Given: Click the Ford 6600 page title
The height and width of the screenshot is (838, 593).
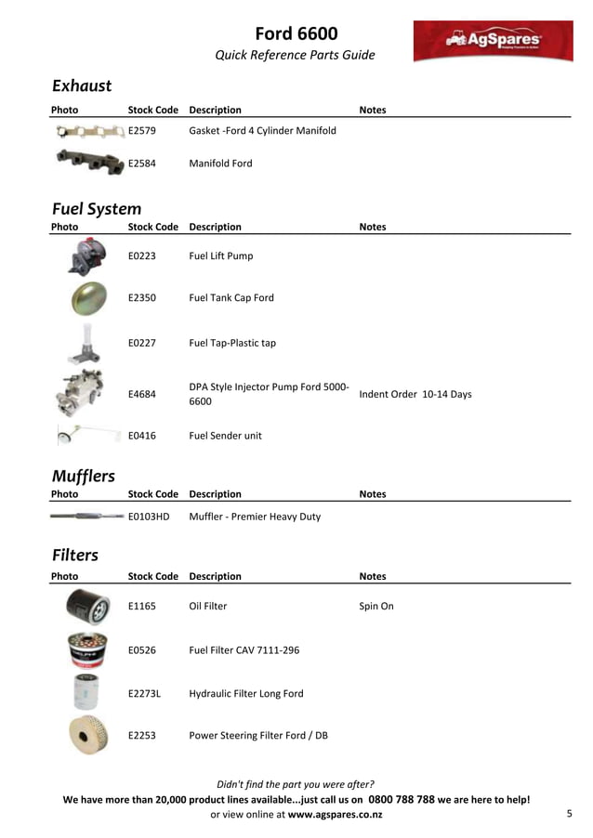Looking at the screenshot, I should click(x=296, y=34).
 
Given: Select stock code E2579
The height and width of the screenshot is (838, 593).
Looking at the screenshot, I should click(x=142, y=131).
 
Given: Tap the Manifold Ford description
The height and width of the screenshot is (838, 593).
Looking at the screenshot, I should click(x=220, y=164).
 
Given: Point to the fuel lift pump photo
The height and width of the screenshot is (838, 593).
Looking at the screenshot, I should click(x=87, y=256).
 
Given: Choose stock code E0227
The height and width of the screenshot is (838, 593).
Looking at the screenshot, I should click(x=142, y=343).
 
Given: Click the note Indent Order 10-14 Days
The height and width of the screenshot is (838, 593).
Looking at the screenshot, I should click(x=415, y=394).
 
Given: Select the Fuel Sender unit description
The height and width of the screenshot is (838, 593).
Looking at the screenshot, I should click(x=225, y=435).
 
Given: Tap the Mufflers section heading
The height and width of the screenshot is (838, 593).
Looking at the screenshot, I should click(x=84, y=477).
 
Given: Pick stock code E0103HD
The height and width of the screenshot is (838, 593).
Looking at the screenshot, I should click(x=149, y=517).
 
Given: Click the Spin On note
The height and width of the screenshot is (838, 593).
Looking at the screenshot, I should click(x=376, y=606).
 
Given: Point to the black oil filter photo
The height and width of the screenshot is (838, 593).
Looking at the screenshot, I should click(x=87, y=607).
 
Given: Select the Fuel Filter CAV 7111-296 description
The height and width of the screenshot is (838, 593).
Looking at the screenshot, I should click(x=244, y=650).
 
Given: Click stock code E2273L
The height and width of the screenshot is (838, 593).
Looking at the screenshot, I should click(x=144, y=694).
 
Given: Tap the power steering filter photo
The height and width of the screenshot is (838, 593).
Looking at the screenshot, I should click(x=87, y=735).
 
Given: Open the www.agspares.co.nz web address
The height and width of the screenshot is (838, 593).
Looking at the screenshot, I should click(x=335, y=815).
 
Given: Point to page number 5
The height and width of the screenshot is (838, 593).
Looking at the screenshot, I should click(x=569, y=814).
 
